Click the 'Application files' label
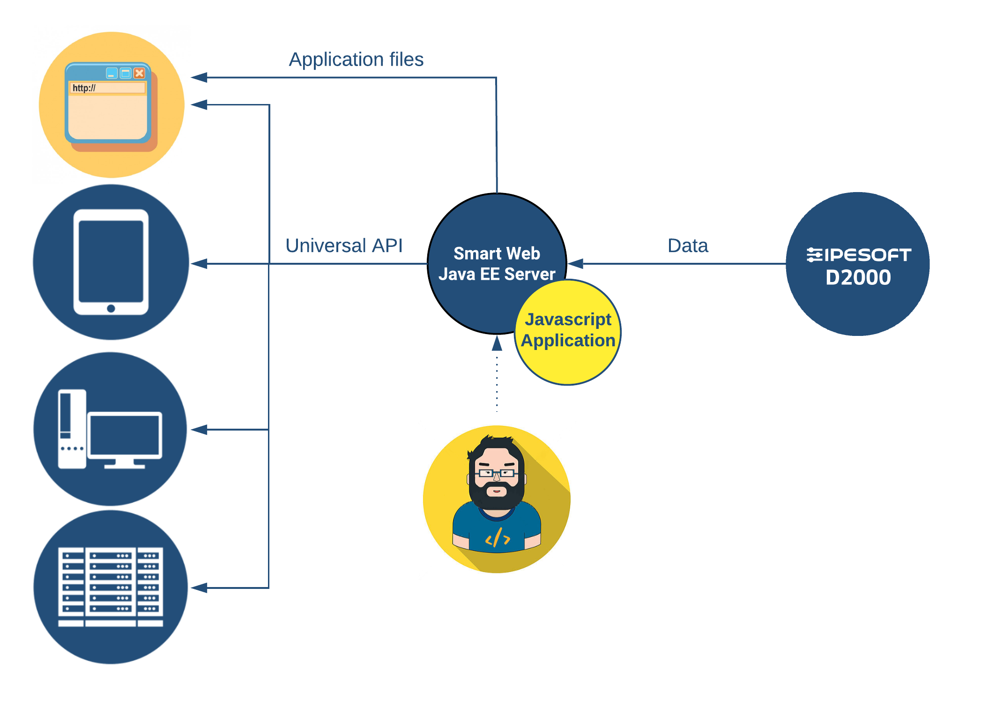(x=356, y=59)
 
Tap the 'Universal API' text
(x=344, y=245)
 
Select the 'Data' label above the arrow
(x=687, y=245)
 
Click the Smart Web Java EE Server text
(x=497, y=264)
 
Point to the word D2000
(x=858, y=277)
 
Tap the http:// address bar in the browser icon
(x=107, y=88)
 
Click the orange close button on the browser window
(x=139, y=73)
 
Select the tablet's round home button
(x=111, y=308)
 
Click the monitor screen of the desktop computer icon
(x=125, y=435)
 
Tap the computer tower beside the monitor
(x=71, y=429)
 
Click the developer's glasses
(x=497, y=473)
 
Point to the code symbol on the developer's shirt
(x=498, y=538)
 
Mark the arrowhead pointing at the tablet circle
(x=199, y=264)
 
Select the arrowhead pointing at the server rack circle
(x=199, y=588)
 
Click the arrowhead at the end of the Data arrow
(x=576, y=264)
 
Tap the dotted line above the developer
(x=497, y=384)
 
